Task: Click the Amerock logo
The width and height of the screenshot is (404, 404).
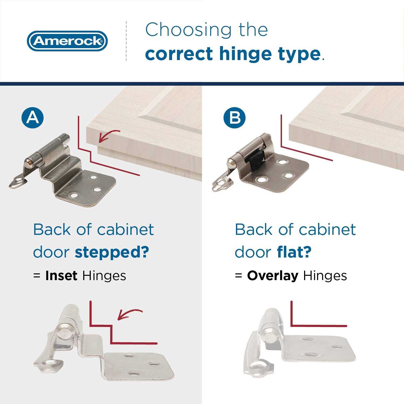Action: (x=67, y=41)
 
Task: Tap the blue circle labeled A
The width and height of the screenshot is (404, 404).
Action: (x=32, y=118)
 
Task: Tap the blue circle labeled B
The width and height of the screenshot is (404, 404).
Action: (x=234, y=118)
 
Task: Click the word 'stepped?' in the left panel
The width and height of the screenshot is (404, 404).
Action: (x=112, y=252)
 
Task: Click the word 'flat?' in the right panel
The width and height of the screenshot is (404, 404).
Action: (x=294, y=252)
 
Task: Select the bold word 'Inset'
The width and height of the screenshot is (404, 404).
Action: (x=61, y=276)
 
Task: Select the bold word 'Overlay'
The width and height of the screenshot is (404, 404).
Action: (x=273, y=276)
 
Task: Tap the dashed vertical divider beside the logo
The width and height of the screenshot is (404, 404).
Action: (x=126, y=41)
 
